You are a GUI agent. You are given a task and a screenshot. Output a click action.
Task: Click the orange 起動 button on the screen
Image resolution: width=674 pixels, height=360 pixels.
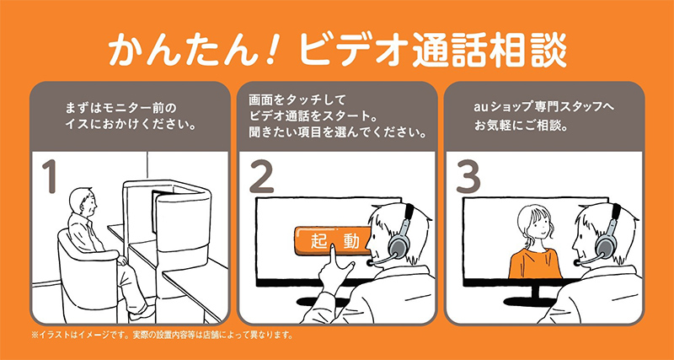click(334, 240)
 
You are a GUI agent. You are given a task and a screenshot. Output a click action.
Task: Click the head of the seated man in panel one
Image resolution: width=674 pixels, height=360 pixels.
click(81, 200)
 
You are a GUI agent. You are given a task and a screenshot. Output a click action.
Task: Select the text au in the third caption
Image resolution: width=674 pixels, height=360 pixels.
click(480, 110)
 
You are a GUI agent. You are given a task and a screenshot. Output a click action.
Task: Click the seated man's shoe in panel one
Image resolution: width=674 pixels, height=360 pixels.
click(144, 312)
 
